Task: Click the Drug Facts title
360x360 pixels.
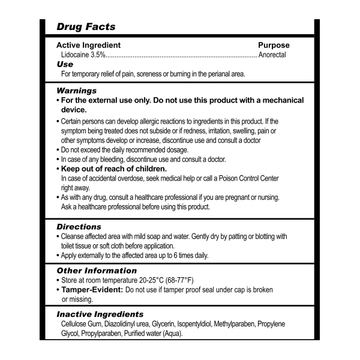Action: pos(86,27)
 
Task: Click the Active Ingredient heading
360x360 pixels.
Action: pos(88,45)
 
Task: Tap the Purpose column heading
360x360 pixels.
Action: pos(274,45)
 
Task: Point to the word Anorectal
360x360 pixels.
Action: pos(272,55)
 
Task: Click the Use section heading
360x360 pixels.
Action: pos(64,64)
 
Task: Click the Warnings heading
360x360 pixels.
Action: pos(76,91)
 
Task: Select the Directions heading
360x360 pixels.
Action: pos(79,227)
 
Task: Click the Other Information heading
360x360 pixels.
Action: pos(97,271)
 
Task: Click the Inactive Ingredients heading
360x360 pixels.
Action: pos(100,314)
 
